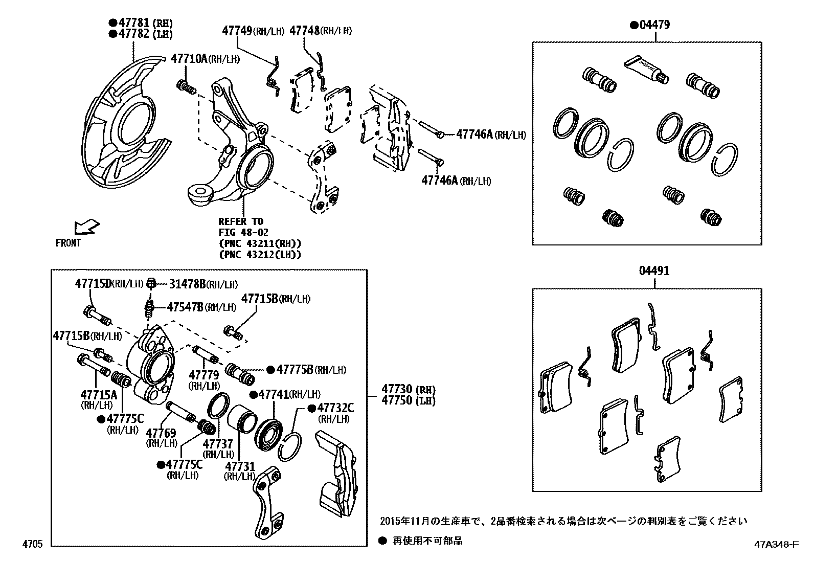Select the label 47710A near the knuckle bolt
[189, 58]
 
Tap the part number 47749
[238, 31]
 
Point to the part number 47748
[305, 31]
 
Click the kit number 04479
[653, 25]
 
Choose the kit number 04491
[653, 271]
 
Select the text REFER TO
[241, 221]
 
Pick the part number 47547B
[185, 307]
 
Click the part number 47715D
[94, 283]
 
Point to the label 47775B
[295, 369]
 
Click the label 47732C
[335, 408]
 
